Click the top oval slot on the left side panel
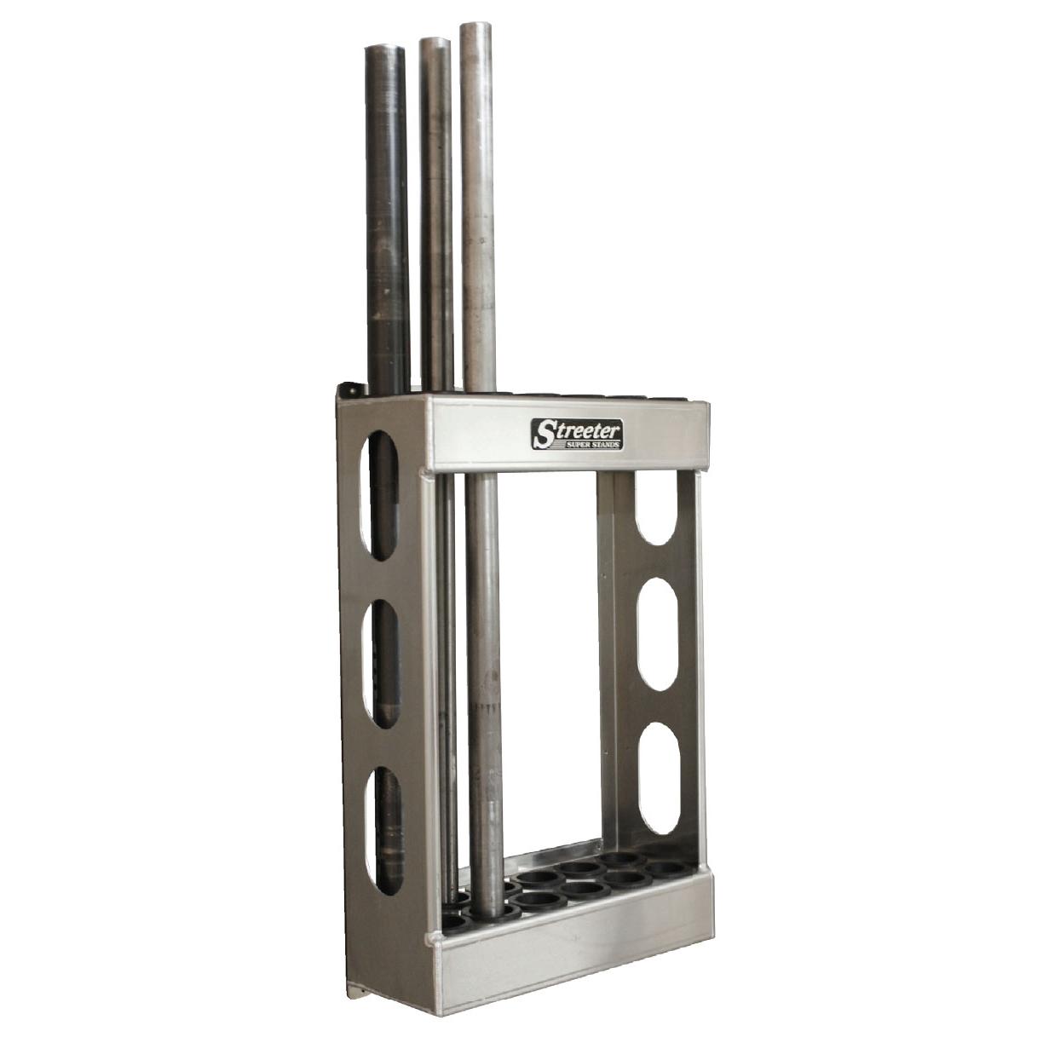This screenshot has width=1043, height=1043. point(378,494)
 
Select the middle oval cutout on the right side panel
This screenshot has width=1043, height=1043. point(660,634)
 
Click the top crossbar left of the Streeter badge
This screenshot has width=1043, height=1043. point(473,435)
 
